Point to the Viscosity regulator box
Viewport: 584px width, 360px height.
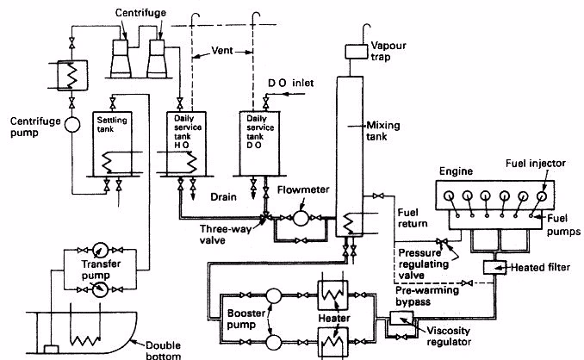[x=401, y=319]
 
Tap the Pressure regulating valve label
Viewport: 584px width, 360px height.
[x=426, y=259]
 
